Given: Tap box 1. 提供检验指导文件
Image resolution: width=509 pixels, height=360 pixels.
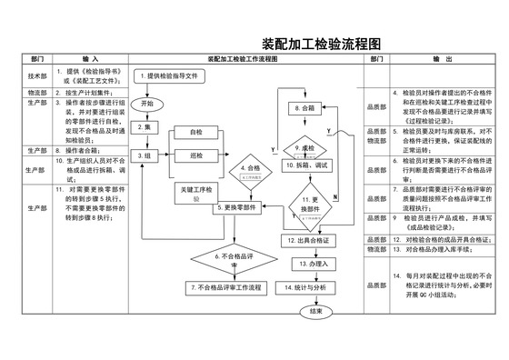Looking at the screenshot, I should [x=180, y=76].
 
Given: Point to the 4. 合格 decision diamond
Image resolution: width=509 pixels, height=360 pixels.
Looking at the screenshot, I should [x=249, y=170].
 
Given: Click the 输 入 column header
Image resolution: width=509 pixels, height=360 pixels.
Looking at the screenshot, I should [x=92, y=57].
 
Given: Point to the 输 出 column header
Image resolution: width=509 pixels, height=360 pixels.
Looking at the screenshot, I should [x=443, y=57].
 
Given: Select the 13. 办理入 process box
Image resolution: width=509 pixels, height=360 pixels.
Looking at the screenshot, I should [x=310, y=264].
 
